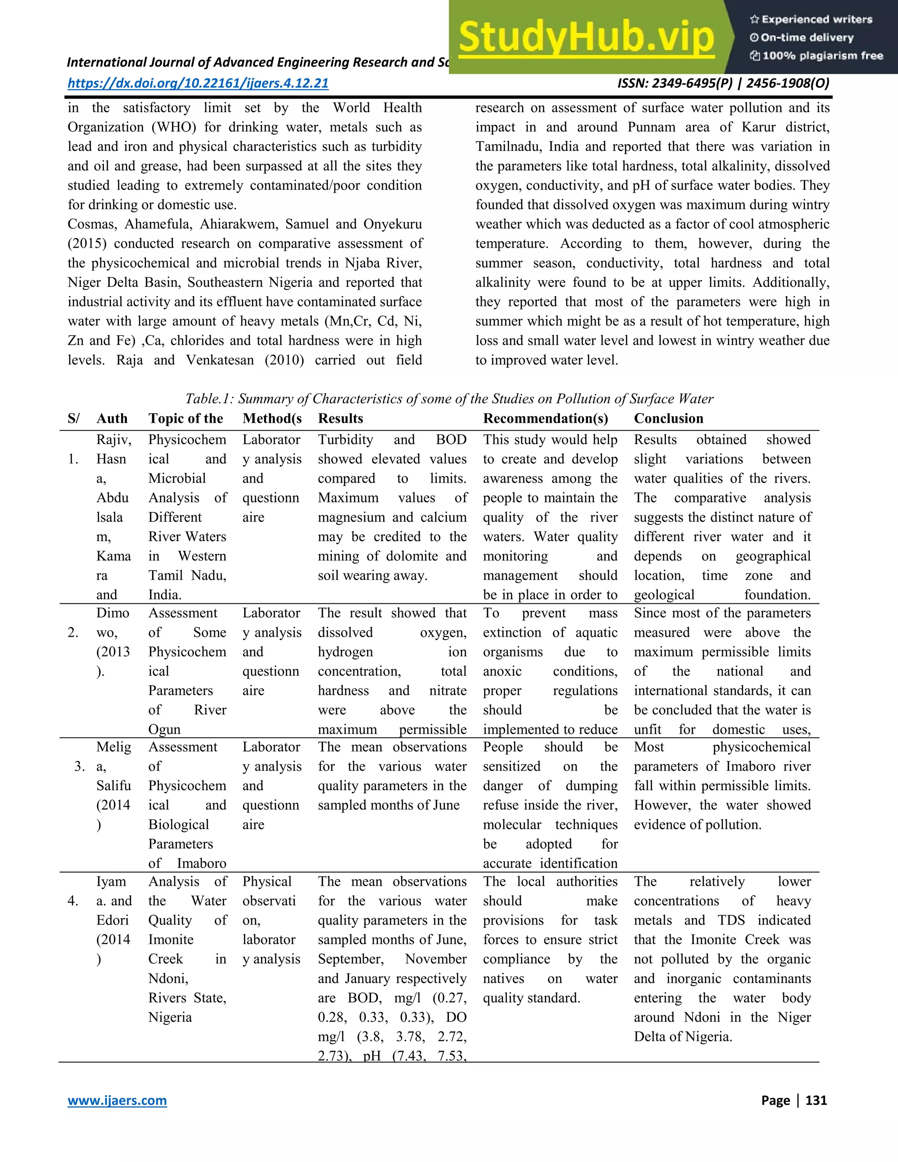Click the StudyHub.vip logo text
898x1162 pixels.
click(586, 37)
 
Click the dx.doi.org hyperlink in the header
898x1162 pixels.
click(198, 83)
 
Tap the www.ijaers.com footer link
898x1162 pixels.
click(117, 1100)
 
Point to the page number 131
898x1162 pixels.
click(816, 1100)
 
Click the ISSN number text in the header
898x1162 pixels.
click(723, 83)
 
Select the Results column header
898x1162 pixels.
click(340, 418)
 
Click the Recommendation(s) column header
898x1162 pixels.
click(545, 418)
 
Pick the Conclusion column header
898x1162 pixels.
click(668, 418)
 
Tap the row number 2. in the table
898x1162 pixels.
click(73, 633)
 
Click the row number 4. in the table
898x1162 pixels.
click(73, 901)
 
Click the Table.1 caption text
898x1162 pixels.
click(449, 399)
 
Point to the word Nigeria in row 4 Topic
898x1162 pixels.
click(170, 1017)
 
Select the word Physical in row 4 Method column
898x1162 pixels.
click(267, 882)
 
